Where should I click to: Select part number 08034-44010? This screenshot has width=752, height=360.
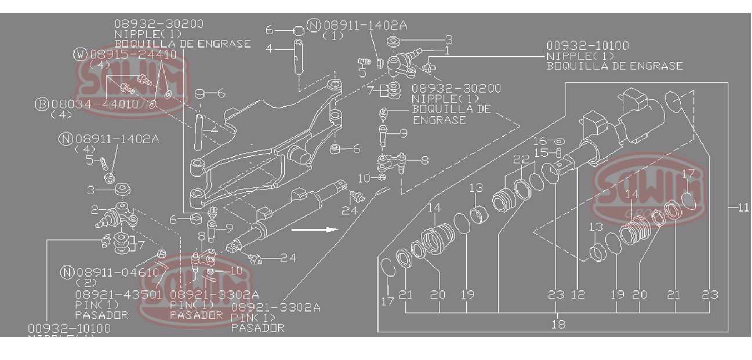(95, 104)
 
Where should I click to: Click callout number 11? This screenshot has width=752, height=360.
(743, 207)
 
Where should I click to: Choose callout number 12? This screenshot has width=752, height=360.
(577, 294)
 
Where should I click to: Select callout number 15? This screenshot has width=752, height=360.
(539, 154)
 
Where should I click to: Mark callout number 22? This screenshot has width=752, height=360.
(521, 159)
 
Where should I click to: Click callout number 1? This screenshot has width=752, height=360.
(447, 51)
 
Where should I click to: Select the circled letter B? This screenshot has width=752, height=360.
(42, 104)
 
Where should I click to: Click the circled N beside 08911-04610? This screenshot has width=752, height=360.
(68, 272)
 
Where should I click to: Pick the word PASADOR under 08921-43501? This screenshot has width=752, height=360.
(101, 315)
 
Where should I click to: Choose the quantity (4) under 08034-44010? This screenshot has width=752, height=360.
(60, 114)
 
